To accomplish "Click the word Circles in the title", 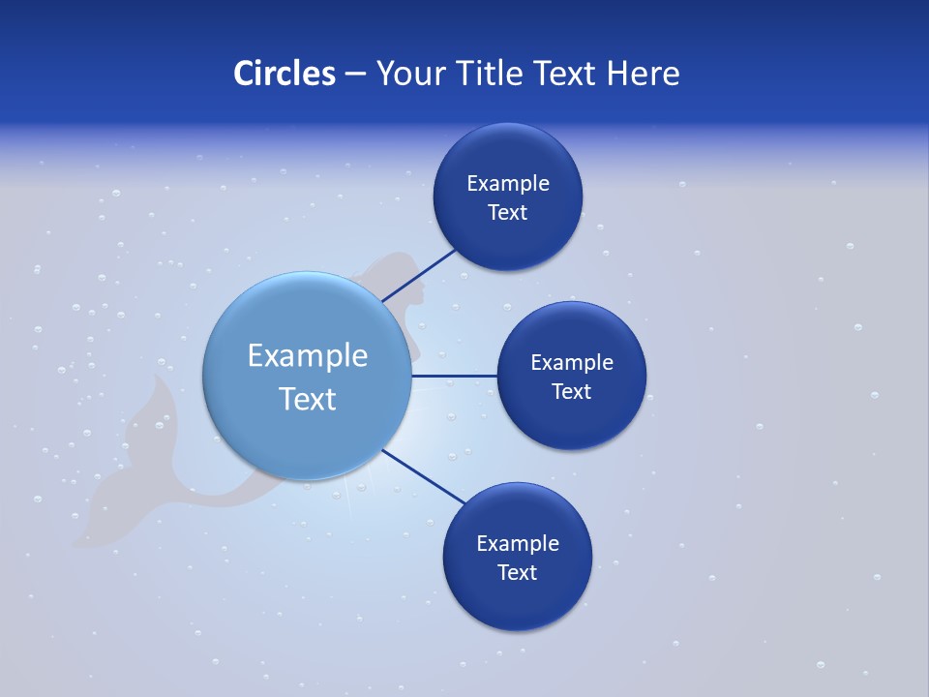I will (285, 74).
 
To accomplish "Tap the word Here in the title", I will (643, 74).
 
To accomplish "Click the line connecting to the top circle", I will (419, 275).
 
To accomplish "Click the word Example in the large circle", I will (308, 355).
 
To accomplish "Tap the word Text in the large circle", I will (308, 399).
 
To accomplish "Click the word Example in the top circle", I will (508, 183).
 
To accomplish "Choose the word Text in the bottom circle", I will (517, 572).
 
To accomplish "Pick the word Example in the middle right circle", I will (572, 362).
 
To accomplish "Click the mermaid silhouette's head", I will (392, 265).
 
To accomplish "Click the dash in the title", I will (355, 75).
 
